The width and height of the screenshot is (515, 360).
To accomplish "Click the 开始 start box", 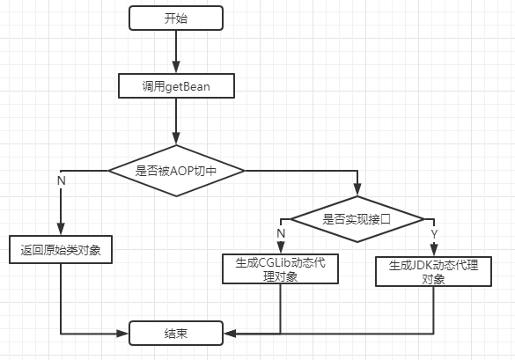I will click(x=176, y=17).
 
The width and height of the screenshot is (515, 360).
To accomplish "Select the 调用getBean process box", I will click(x=176, y=85).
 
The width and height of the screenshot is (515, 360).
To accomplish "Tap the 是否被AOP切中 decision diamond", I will click(x=176, y=171).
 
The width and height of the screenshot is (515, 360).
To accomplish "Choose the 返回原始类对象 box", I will click(x=60, y=250).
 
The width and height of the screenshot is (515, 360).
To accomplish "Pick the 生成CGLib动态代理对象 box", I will click(x=280, y=269).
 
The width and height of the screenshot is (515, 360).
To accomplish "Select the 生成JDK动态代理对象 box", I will click(x=433, y=271).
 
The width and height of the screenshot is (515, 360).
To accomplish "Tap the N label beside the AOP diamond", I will click(x=62, y=180).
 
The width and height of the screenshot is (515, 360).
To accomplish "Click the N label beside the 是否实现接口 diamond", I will click(x=281, y=232).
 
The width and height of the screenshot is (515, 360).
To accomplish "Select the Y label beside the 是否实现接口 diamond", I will click(x=434, y=232).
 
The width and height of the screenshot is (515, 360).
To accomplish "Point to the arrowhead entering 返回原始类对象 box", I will click(x=60, y=231).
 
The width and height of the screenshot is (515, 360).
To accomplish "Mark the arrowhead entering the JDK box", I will click(x=433, y=252).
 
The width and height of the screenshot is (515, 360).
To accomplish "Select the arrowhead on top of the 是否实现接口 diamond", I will click(x=357, y=197).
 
